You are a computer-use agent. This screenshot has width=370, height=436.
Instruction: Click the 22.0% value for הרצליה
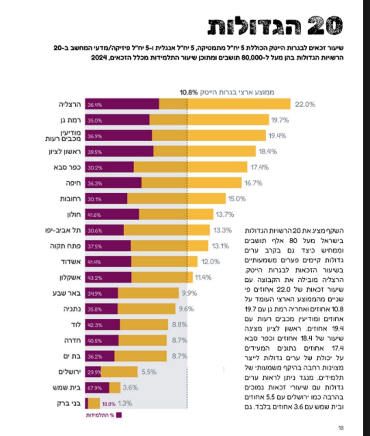coord(305,105)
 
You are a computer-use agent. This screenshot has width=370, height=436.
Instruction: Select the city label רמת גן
coord(71,120)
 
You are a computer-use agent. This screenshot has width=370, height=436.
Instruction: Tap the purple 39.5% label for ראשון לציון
coord(94,152)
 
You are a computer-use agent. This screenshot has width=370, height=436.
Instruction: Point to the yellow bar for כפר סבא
coord(190,167)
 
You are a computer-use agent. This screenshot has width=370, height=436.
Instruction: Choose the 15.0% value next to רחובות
coord(237,199)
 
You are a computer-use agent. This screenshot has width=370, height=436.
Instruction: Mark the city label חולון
coord(74,214)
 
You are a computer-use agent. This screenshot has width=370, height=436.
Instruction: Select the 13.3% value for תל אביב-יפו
coord(223,230)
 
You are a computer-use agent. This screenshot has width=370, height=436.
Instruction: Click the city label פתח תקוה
coord(65,246)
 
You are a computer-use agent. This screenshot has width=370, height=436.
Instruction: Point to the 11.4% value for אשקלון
coord(203,277)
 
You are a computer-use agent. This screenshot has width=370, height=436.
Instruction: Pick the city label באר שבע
coord(67,293)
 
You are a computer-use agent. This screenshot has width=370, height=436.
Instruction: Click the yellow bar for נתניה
coord(146,309)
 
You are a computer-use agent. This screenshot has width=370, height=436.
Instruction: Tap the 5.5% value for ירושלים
coord(149,372)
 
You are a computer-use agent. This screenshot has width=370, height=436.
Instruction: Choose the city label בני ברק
coord(69,404)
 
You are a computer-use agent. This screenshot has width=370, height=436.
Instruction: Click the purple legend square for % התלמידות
coord(119,415)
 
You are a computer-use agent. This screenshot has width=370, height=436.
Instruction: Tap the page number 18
coord(341,428)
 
